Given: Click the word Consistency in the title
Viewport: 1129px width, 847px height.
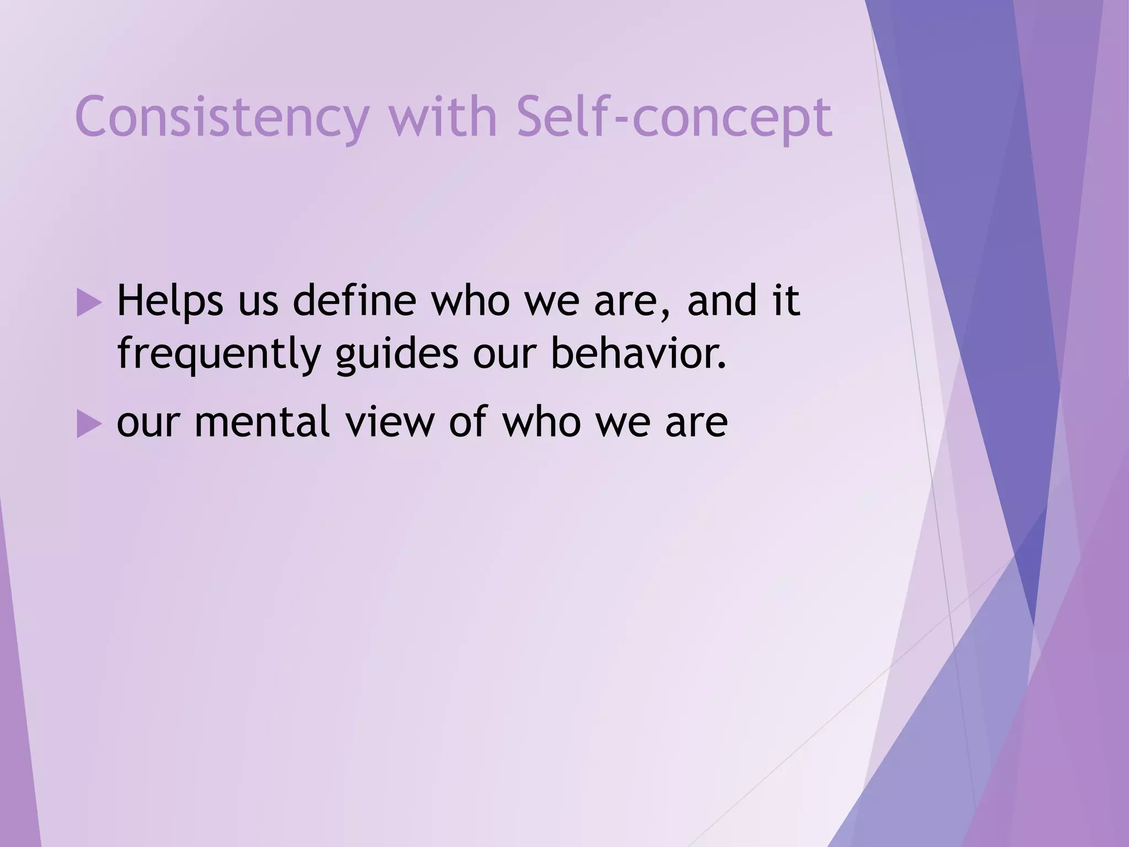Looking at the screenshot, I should point(221,117).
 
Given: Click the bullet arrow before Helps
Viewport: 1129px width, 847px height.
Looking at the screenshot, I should point(88,303).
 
